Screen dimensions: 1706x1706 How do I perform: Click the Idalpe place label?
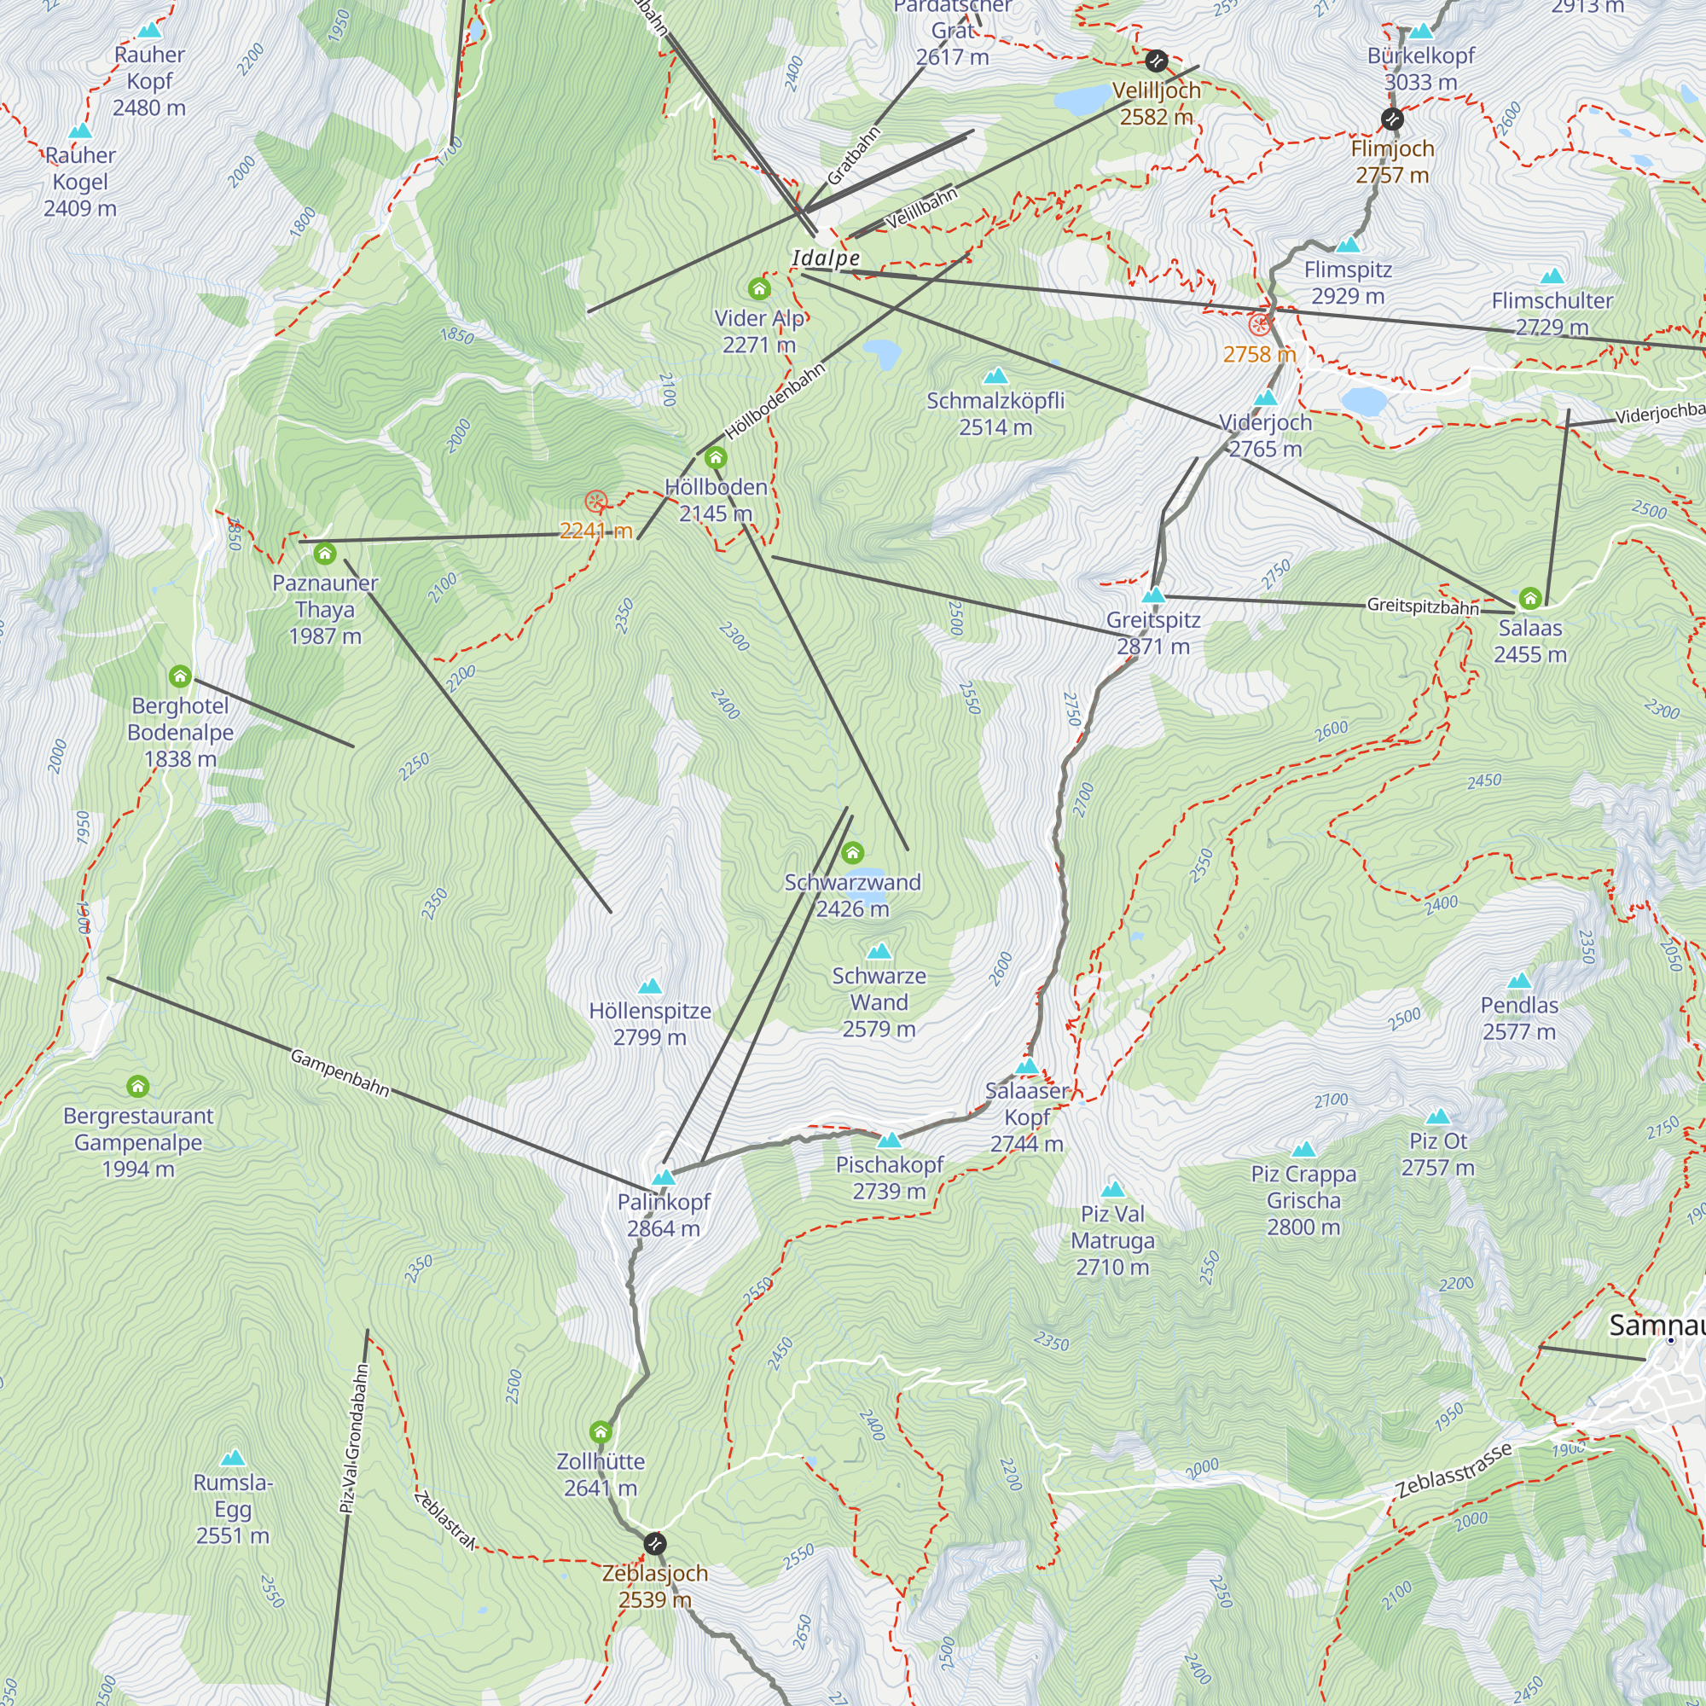point(826,258)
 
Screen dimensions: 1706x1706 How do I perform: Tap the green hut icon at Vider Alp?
point(758,289)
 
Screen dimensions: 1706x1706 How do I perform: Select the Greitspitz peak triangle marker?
point(1153,595)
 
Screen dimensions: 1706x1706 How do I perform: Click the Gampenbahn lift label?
point(340,1073)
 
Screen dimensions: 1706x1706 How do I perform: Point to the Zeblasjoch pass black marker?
point(654,1544)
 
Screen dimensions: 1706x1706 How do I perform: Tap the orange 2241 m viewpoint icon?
point(596,502)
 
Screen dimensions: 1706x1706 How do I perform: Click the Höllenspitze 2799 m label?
point(650,1024)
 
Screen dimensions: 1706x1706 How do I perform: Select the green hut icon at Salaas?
point(1529,599)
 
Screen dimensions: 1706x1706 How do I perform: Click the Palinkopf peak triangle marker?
point(663,1177)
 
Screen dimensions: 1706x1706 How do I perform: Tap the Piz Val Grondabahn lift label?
point(353,1438)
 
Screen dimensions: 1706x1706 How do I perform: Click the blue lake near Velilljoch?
point(1082,100)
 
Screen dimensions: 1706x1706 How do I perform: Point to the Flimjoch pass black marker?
point(1391,119)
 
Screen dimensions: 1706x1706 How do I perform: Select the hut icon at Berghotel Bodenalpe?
point(180,676)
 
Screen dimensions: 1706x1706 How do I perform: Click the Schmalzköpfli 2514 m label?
point(995,413)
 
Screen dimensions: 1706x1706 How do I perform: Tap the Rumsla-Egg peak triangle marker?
point(233,1458)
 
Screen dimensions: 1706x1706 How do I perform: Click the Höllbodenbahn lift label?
point(775,402)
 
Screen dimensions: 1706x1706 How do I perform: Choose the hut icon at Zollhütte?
point(601,1431)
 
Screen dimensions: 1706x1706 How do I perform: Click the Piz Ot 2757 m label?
point(1437,1154)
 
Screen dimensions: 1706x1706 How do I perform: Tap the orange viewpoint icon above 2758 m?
point(1259,325)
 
